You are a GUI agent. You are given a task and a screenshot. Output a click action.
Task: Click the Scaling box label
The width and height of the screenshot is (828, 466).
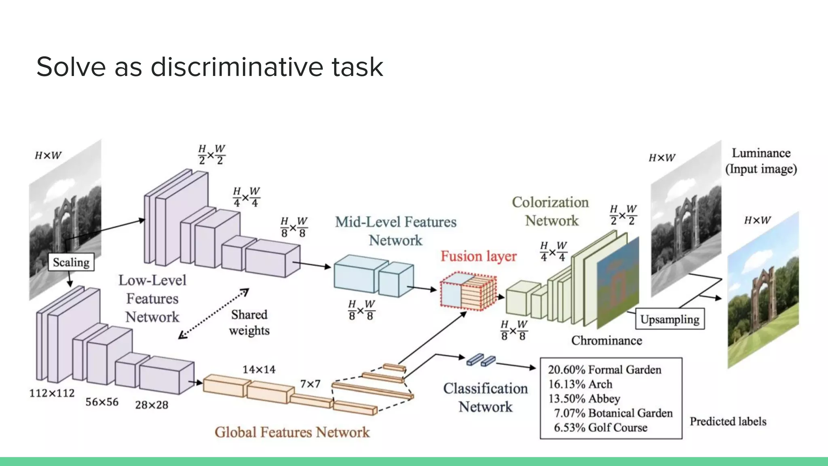71,262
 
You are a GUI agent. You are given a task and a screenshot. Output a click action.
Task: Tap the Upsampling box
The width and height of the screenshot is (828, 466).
670,319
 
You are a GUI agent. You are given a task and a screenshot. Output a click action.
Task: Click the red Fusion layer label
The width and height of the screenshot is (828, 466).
478,256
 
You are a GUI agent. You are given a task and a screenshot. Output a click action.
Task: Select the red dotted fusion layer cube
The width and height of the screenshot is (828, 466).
468,292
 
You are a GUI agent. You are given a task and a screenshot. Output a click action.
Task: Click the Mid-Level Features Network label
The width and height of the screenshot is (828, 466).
395,231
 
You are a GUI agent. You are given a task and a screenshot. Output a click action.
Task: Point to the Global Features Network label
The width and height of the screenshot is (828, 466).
292,432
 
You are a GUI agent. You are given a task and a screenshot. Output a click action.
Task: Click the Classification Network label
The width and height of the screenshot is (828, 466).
485,397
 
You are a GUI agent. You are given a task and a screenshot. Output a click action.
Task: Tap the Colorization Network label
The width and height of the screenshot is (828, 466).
551,211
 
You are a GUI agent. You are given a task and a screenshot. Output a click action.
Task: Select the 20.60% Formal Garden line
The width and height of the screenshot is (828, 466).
604,370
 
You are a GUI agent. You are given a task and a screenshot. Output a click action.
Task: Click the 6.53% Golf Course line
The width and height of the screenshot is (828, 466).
600,428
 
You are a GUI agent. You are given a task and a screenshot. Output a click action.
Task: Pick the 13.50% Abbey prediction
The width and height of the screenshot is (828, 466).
584,398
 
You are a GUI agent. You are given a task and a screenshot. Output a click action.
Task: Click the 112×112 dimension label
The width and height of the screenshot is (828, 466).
52,393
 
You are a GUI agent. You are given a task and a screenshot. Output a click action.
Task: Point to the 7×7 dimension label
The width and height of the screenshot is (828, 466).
310,383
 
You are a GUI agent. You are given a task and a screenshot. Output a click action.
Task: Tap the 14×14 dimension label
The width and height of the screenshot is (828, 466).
259,369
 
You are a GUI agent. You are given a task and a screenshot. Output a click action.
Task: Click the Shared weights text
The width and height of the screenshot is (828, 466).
249,322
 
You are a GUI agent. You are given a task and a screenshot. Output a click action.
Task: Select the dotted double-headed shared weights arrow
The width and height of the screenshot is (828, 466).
213,313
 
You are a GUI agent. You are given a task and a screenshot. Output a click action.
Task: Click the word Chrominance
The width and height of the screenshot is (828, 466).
606,341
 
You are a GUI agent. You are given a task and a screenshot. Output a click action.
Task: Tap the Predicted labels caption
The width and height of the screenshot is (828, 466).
728,422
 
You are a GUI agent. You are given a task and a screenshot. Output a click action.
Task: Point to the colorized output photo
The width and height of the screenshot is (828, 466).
763,291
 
